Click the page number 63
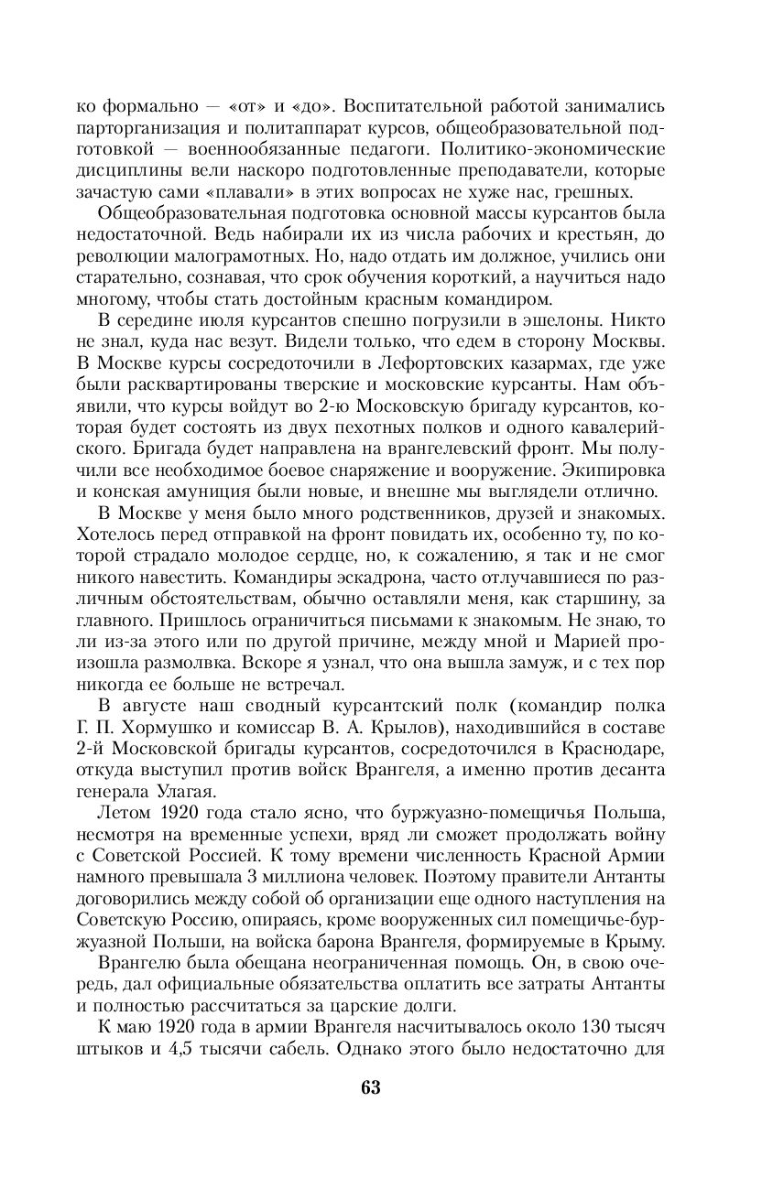click(371, 1087)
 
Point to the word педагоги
click(394, 147)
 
